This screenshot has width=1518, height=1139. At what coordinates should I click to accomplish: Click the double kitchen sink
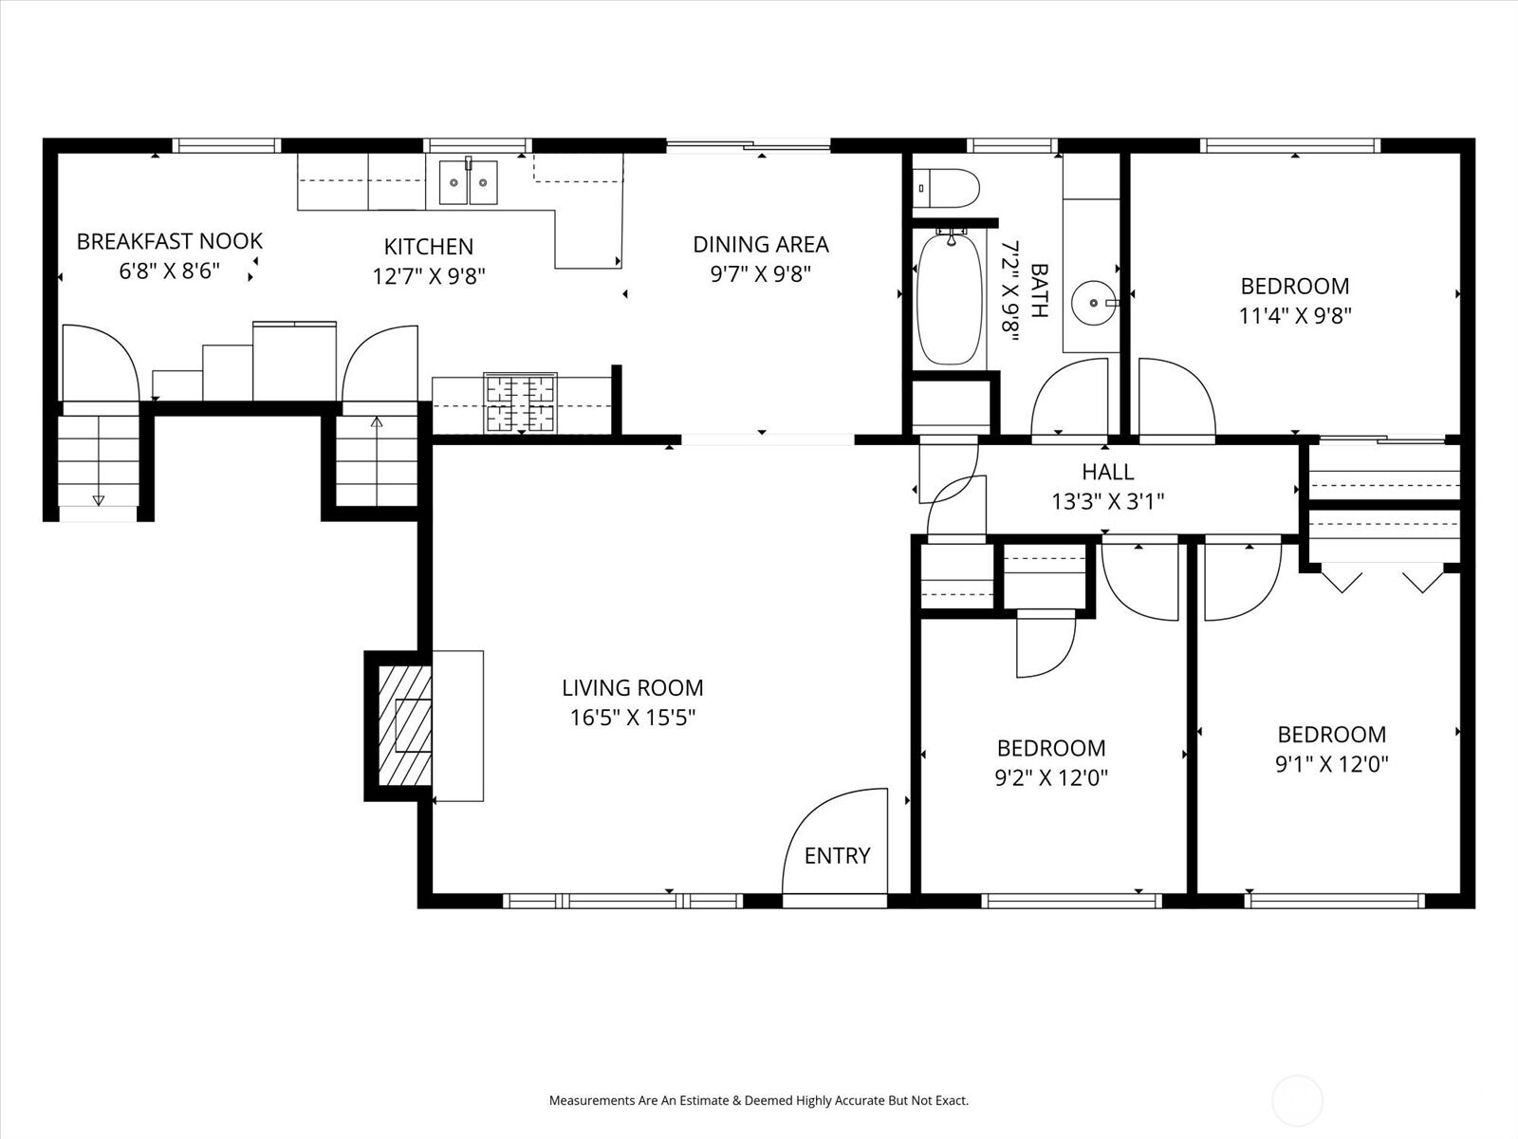(x=468, y=182)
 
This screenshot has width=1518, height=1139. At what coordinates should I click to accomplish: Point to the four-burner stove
(x=520, y=403)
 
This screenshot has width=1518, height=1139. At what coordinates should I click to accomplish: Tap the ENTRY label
(x=837, y=856)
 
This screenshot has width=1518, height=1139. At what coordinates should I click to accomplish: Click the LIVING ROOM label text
(x=632, y=688)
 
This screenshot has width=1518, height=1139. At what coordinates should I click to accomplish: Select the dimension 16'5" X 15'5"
(x=632, y=718)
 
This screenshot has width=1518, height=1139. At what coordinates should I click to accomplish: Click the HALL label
(x=1107, y=472)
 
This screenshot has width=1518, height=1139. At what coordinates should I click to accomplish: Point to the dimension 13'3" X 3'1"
(x=1107, y=501)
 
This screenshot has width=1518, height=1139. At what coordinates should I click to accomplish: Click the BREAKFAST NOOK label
(x=169, y=241)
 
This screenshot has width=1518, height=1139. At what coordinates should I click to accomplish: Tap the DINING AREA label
(x=761, y=245)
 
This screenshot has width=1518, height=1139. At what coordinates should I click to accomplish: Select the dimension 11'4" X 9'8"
(x=1295, y=315)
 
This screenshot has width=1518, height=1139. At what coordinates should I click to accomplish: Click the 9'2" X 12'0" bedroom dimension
(x=1051, y=778)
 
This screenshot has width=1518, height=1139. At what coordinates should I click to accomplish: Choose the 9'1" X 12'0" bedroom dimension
(x=1332, y=764)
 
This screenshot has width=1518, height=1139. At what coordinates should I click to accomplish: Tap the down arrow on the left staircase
(x=98, y=499)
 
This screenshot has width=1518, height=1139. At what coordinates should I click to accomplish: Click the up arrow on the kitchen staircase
(x=377, y=421)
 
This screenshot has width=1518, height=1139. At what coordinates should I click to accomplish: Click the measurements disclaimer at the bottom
(x=759, y=1101)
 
